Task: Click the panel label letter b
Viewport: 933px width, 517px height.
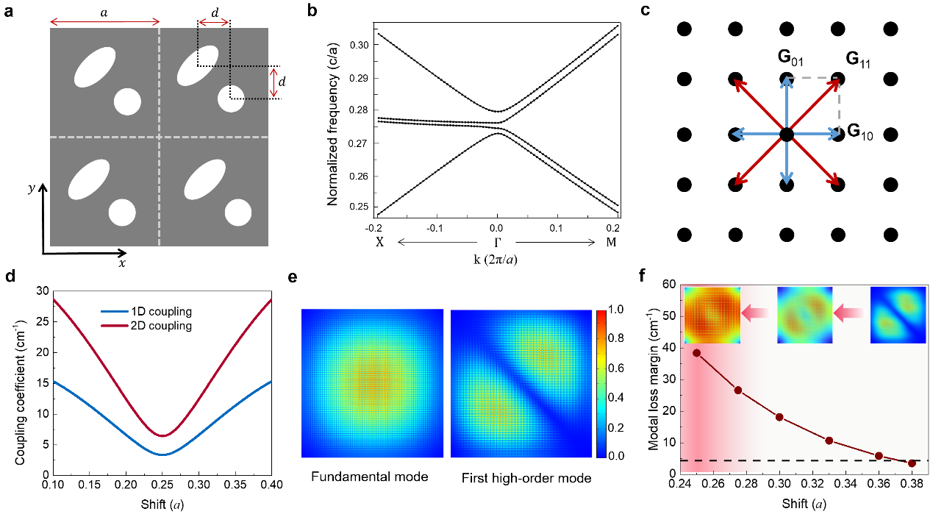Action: pyautogui.click(x=333, y=13)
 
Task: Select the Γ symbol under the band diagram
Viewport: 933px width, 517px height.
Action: pyautogui.click(x=498, y=243)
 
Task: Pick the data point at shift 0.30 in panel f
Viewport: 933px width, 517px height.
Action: pyautogui.click(x=779, y=417)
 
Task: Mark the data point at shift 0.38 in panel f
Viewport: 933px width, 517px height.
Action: pyautogui.click(x=912, y=463)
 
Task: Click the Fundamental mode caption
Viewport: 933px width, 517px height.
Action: pyautogui.click(x=370, y=477)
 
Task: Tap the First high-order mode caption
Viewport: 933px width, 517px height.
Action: pyautogui.click(x=526, y=478)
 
